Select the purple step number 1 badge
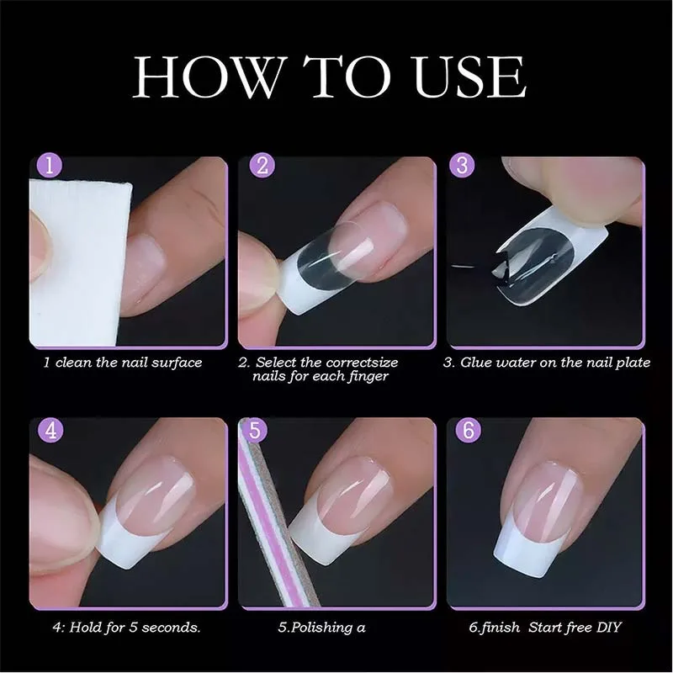coord(50,165)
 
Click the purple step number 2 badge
coord(262,165)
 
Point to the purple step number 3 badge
coord(462,165)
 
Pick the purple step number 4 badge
coord(51,430)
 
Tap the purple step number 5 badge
coord(255,430)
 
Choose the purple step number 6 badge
coord(469,430)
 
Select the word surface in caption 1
coord(177,363)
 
